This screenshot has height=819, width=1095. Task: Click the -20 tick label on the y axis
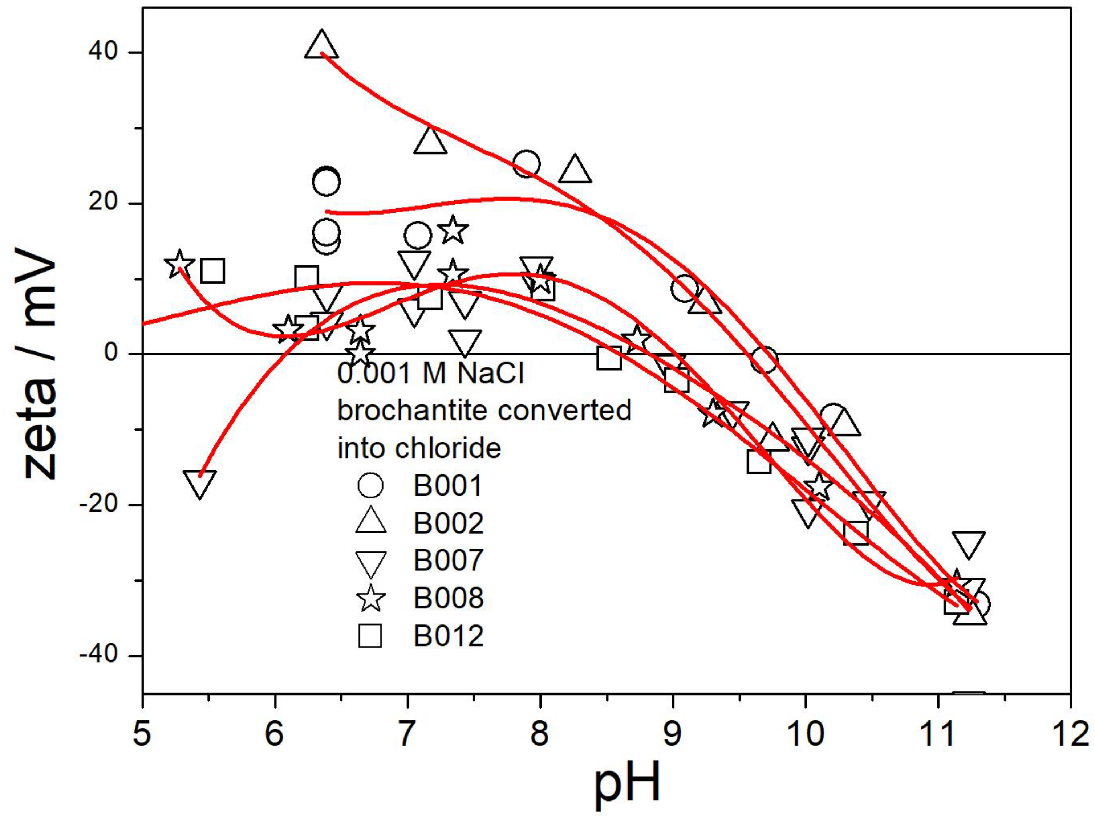click(x=99, y=505)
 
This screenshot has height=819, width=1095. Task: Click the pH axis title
click(x=627, y=785)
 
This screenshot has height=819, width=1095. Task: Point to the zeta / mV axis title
click(x=41, y=364)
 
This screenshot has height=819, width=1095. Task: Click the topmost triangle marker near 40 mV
click(x=322, y=45)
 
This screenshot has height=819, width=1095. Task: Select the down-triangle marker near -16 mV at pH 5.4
click(x=199, y=482)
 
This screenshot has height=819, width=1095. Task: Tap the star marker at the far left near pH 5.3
click(x=179, y=264)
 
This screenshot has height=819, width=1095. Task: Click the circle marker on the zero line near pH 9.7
click(x=763, y=360)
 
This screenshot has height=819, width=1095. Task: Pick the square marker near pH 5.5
click(x=212, y=271)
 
